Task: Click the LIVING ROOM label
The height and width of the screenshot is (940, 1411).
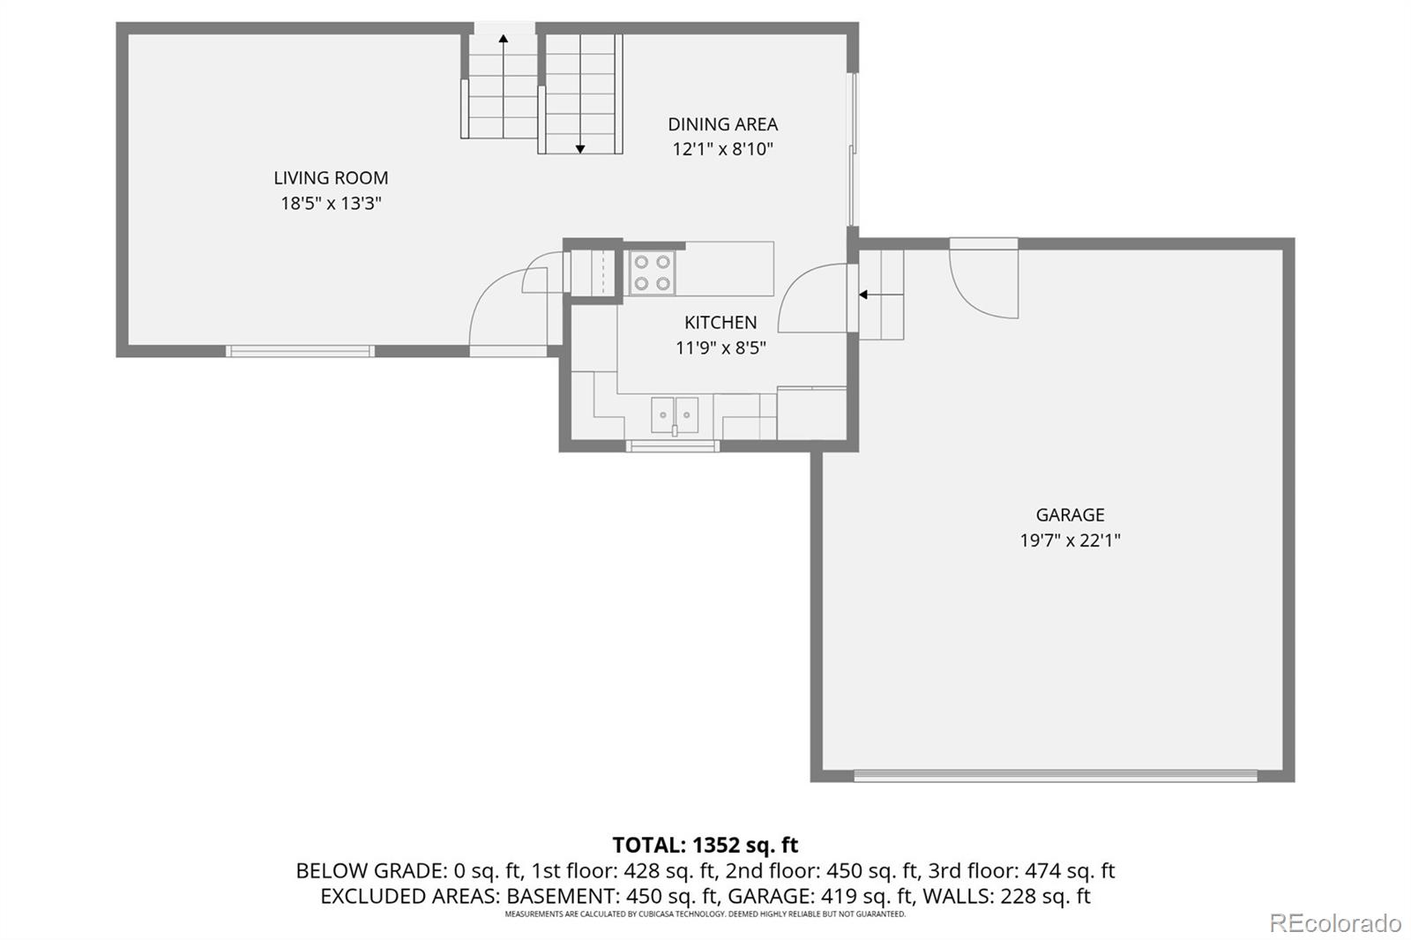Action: pos(331,178)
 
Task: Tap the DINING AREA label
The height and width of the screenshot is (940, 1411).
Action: pos(722,124)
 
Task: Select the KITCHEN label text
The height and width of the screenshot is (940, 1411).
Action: pos(720,323)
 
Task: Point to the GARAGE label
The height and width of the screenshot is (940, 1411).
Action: pos(1070,515)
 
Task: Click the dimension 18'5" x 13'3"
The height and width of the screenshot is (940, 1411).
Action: pos(331,204)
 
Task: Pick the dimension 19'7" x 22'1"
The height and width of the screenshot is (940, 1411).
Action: pos(1070,541)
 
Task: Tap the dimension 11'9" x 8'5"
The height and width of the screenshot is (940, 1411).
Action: pos(720,348)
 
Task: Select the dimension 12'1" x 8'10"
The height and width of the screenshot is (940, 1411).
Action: pos(722,149)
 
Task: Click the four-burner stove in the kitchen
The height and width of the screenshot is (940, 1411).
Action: pos(652,272)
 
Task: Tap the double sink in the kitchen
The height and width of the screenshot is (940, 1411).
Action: pos(675,414)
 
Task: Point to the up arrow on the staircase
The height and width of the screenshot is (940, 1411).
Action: pos(504,39)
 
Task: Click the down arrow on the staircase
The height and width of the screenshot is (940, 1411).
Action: pos(580,148)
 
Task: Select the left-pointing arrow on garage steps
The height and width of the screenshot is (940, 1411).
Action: pos(863,295)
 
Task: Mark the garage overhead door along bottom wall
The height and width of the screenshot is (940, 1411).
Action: pos(1055,776)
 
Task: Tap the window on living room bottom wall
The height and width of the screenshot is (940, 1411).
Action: pos(300,351)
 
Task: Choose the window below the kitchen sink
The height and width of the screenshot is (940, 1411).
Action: pos(673,446)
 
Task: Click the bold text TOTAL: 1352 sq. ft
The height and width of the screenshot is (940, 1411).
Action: pos(705,845)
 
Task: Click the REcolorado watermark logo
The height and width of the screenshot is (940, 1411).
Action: pos(1334,923)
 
